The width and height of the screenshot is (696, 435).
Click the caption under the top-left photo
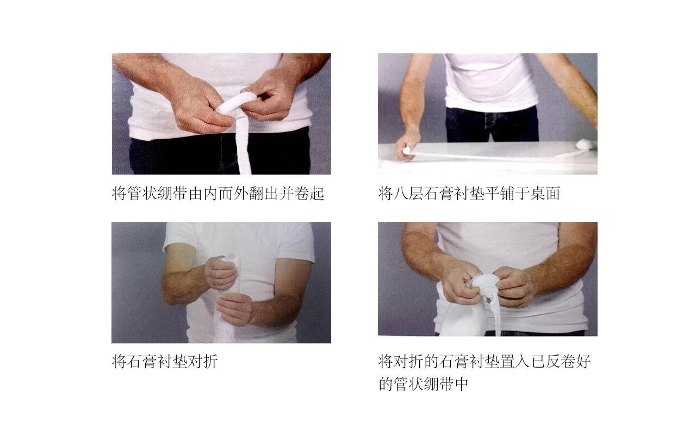(218, 194)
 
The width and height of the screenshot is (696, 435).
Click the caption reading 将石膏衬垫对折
(164, 362)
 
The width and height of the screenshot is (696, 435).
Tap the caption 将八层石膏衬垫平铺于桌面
(469, 194)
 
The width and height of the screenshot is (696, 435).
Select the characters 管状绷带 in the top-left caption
(157, 194)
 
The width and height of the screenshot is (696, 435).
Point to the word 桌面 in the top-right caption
(545, 194)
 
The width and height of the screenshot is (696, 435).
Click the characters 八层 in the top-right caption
(408, 194)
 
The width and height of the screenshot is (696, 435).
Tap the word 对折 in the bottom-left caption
(202, 362)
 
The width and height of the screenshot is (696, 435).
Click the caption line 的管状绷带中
(423, 384)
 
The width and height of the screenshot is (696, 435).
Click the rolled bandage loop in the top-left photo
(236, 103)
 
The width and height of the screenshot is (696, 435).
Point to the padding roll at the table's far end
(585, 145)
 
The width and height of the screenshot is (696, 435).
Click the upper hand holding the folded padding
(221, 273)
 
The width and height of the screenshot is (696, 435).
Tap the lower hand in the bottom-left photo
(234, 309)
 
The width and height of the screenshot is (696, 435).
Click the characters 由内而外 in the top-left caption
(218, 194)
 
